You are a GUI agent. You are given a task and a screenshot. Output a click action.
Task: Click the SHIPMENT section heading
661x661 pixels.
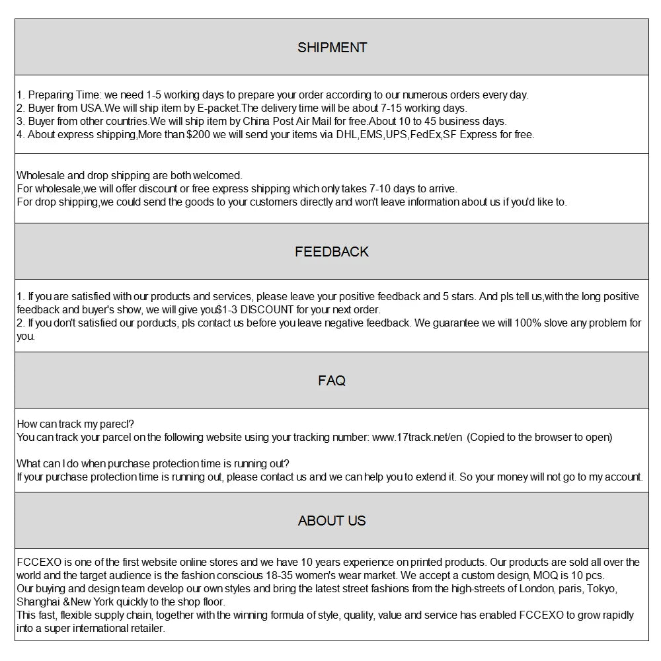[x=332, y=48]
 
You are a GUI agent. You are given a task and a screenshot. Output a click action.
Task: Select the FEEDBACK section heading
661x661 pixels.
[x=332, y=252]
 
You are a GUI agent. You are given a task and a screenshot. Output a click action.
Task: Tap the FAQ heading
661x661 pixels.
[x=332, y=381]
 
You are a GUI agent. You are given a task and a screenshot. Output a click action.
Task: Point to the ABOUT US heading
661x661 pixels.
[x=332, y=521]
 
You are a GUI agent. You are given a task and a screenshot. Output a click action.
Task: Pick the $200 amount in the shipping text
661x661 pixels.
[x=199, y=135]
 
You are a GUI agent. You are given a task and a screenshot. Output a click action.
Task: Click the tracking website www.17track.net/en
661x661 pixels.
[x=417, y=438]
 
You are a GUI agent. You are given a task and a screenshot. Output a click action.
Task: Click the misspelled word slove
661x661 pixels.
[x=557, y=323]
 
